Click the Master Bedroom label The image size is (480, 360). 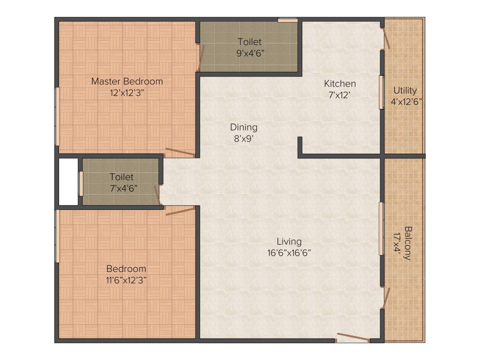pyautogui.click(x=127, y=81)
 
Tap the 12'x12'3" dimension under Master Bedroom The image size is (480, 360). pyautogui.click(x=127, y=92)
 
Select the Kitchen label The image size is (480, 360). pyautogui.click(x=340, y=84)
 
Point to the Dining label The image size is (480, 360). pyautogui.click(x=243, y=127)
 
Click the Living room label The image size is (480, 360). pyautogui.click(x=289, y=241)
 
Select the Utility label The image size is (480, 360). pyautogui.click(x=405, y=90)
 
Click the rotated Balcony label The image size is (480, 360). pyautogui.click(x=408, y=243)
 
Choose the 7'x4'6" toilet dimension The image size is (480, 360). pyautogui.click(x=121, y=188)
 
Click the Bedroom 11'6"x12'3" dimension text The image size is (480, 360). pyautogui.click(x=126, y=280)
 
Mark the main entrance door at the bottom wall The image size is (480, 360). pyautogui.click(x=352, y=337)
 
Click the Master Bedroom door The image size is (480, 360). pyautogui.click(x=180, y=152)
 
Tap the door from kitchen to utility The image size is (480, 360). pyautogui.click(x=386, y=38)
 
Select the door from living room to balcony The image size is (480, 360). pyautogui.click(x=386, y=298)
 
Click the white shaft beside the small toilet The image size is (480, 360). pyautogui.click(x=68, y=182)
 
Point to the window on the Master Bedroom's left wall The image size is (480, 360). pyautogui.click(x=57, y=116)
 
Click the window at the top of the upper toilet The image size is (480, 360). pyautogui.click(x=287, y=20)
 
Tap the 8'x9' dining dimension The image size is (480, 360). pyautogui.click(x=243, y=139)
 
